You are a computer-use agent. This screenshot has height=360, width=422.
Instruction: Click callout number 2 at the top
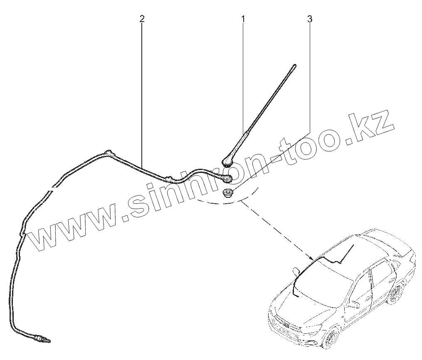(x=142, y=19)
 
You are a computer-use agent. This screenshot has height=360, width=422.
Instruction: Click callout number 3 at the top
(x=309, y=19)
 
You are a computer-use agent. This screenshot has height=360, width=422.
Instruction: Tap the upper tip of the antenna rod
(x=295, y=65)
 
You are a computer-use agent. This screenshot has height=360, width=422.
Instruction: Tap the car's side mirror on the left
(x=296, y=271)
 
